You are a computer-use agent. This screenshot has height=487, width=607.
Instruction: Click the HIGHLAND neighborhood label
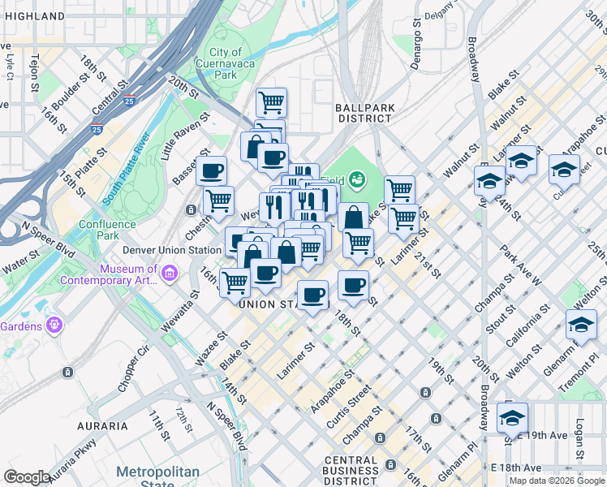[32, 16]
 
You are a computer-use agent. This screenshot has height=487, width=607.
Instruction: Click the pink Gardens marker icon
[54, 324]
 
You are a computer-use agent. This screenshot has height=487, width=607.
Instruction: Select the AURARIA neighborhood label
[103, 425]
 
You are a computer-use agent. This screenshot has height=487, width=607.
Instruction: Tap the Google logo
[27, 477]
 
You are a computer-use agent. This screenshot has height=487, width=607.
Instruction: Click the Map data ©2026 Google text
[556, 481]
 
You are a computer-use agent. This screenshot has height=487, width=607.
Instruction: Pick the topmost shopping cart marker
[271, 102]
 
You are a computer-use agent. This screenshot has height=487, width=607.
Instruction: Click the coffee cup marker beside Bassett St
[212, 170]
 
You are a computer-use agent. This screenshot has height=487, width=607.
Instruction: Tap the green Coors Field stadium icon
[357, 180]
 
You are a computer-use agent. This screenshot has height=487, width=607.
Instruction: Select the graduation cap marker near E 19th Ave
[512, 417]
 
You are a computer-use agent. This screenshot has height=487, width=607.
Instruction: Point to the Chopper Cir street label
[133, 370]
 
